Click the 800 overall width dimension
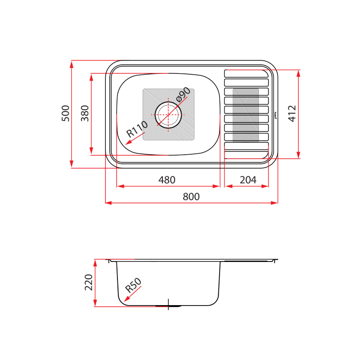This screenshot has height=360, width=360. (191, 197)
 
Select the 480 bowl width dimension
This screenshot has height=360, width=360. (166, 180)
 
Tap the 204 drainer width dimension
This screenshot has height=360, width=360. (248, 180)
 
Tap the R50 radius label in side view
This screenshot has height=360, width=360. (133, 285)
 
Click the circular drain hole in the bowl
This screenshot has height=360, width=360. (168, 114)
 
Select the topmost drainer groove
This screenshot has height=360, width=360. (246, 73)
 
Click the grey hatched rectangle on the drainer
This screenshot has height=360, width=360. (246, 114)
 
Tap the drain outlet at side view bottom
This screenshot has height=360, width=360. (168, 306)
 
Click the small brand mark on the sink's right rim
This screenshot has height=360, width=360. (274, 116)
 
